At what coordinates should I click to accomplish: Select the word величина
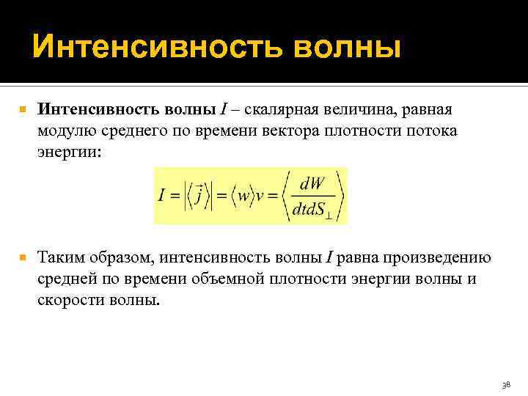click(367, 110)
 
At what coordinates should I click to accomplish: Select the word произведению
click(443, 258)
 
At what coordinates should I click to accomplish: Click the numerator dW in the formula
click(315, 183)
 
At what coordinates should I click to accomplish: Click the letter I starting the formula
click(162, 197)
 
